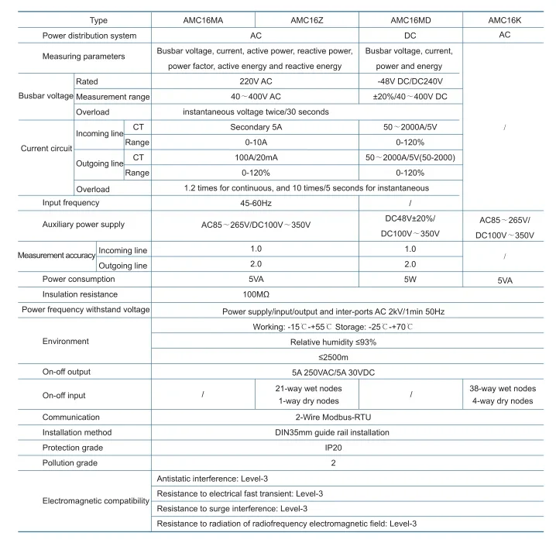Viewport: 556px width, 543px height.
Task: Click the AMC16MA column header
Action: [x=202, y=20]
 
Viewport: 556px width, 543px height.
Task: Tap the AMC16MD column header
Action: [x=410, y=20]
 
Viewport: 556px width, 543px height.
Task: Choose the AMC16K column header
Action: [x=504, y=20]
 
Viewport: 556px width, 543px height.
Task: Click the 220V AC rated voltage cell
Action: [x=256, y=81]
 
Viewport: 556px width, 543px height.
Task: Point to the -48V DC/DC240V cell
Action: [x=410, y=81]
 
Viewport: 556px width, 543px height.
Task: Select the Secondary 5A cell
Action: [x=256, y=127]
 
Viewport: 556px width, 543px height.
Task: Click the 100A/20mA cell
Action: [x=256, y=157]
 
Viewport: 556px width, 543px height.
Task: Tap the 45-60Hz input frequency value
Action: [x=256, y=203]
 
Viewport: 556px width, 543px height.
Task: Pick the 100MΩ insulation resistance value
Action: [x=256, y=294]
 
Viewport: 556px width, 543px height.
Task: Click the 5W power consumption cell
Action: [x=410, y=279]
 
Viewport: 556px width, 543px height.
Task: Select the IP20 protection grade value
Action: [x=334, y=448]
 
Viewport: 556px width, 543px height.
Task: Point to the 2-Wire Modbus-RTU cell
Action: [x=334, y=417]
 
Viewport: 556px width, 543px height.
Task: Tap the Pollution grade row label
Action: [x=70, y=463]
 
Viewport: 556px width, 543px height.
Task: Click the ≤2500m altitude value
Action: [x=334, y=356]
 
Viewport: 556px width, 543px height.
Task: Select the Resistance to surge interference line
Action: [x=232, y=509]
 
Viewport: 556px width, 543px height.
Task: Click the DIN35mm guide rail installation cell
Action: [x=334, y=432]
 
